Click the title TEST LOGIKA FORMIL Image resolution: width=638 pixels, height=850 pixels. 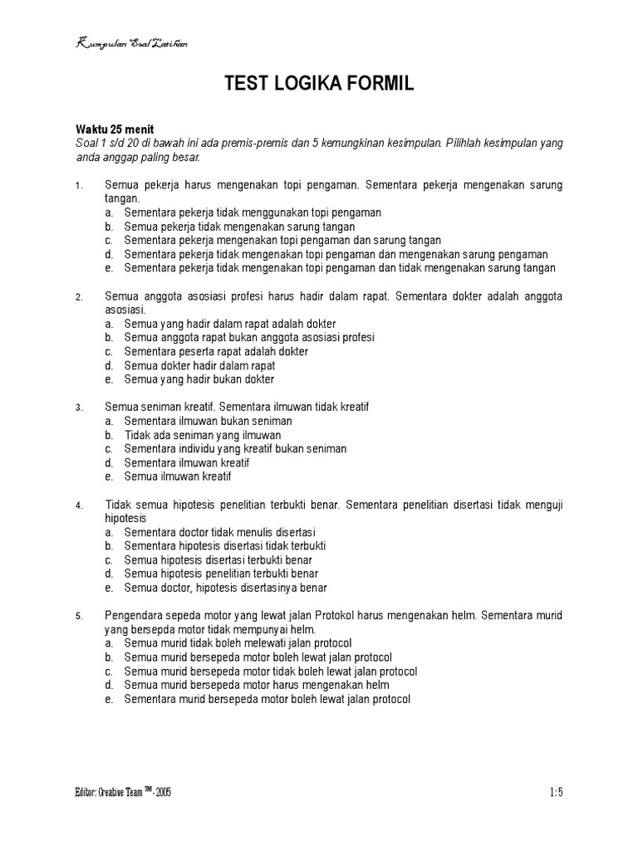coord(319,84)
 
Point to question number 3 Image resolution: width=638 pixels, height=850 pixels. coord(79,408)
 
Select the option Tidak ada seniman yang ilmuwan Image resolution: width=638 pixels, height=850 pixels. coord(203,435)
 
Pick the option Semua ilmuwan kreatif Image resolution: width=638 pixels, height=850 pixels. coord(177,476)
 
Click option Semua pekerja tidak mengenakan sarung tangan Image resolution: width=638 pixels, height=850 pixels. coord(239,227)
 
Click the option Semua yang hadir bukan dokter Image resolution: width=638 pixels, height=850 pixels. coord(199,379)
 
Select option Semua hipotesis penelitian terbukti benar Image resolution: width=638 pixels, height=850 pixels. coord(221,574)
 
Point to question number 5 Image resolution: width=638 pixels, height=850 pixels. coord(79,617)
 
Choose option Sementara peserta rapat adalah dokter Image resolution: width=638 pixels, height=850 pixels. coord(216,351)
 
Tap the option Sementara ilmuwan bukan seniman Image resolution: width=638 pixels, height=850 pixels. coord(208,421)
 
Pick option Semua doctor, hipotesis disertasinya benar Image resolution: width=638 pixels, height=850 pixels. coord(225,588)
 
